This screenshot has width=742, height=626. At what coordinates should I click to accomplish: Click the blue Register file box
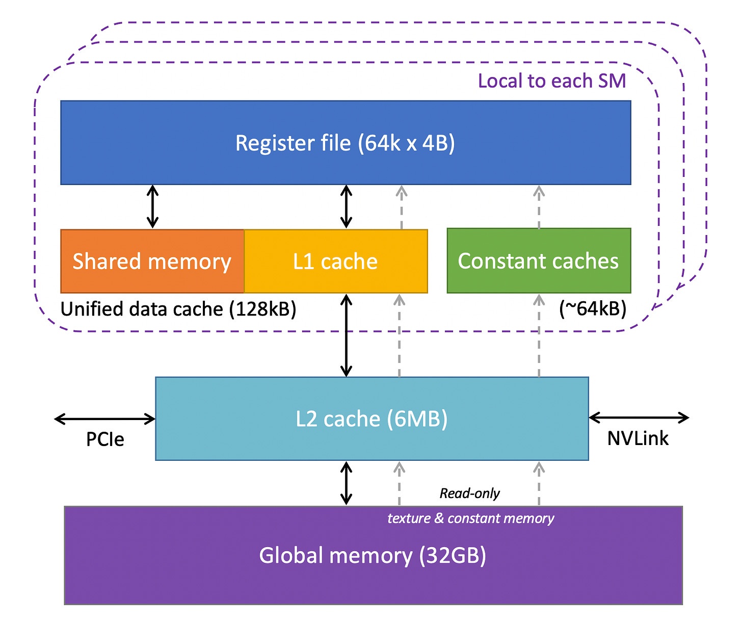[346, 143]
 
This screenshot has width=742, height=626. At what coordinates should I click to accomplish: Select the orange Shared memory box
[152, 261]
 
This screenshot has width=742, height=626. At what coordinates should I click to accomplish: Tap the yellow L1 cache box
[335, 261]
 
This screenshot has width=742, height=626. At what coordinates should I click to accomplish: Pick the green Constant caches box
[538, 260]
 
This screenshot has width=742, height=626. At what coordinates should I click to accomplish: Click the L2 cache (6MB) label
[372, 419]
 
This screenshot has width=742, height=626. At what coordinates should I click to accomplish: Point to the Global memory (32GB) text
[373, 555]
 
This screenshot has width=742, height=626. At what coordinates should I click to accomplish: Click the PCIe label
[105, 439]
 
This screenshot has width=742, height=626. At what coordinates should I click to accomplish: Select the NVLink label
[638, 438]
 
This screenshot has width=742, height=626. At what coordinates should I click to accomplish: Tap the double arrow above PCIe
[105, 419]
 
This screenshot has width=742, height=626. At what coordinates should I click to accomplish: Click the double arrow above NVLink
[639, 418]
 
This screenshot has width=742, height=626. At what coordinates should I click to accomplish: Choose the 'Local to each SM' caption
[551, 81]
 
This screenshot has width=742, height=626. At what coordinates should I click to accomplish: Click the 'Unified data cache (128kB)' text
[178, 309]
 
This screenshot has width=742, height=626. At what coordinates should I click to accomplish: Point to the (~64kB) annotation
[593, 308]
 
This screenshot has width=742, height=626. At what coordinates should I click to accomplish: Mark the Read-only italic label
[469, 493]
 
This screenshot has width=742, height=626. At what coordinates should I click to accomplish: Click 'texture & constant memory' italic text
[470, 518]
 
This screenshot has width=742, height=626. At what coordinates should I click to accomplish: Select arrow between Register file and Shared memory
[152, 206]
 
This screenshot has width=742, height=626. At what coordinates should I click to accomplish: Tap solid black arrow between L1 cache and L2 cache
[347, 335]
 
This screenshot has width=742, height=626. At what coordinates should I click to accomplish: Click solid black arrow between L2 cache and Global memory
[347, 483]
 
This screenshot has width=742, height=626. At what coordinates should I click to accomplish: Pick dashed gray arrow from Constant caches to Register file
[539, 207]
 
